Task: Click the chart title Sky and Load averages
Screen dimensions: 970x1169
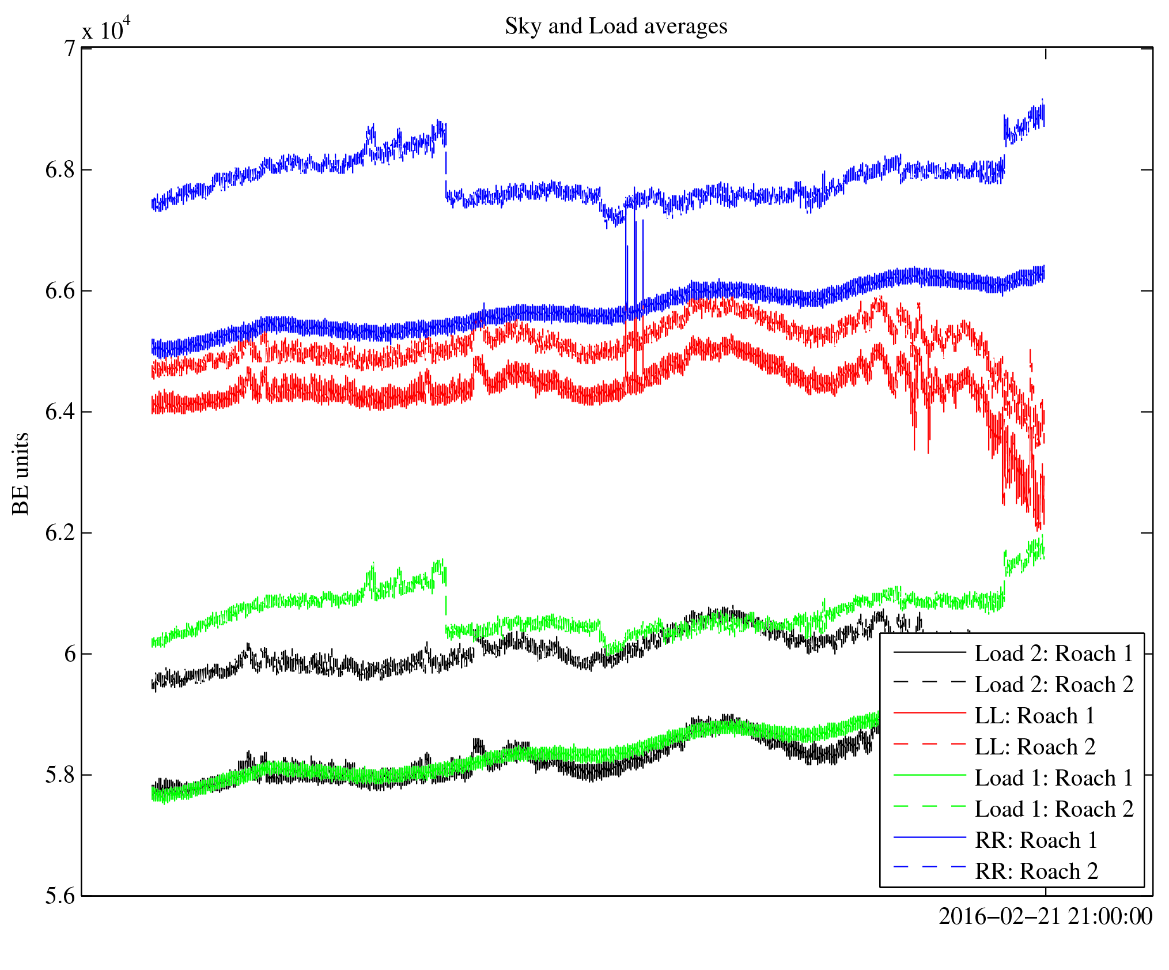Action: point(616,27)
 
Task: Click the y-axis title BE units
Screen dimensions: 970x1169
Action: point(21,473)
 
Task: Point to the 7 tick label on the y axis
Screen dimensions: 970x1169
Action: point(69,48)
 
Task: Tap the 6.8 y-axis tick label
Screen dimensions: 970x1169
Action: point(60,170)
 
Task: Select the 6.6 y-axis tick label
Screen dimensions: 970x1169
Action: point(60,291)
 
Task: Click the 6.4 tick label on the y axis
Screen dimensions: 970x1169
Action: point(60,412)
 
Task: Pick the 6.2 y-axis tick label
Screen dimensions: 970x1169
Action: point(60,533)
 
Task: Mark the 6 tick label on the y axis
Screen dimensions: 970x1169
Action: point(69,654)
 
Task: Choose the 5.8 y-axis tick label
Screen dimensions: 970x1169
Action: point(60,775)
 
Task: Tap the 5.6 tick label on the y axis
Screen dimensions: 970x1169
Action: point(60,896)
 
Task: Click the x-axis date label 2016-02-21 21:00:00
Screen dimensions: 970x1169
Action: point(1045,916)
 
